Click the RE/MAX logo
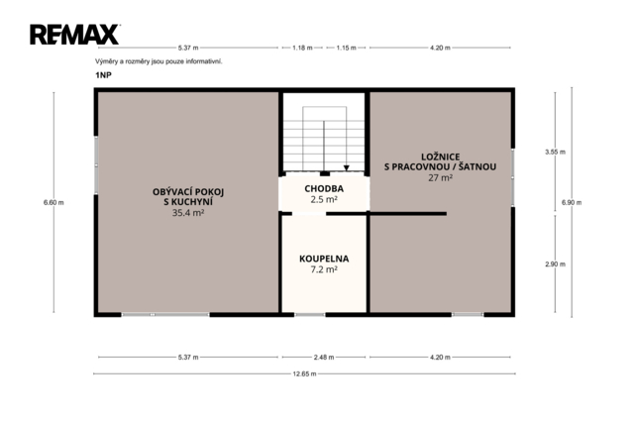pyautogui.click(x=75, y=35)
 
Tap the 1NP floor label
pyautogui.click(x=103, y=75)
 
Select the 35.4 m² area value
pyautogui.click(x=188, y=213)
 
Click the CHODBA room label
pyautogui.click(x=324, y=188)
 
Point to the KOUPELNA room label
pyautogui.click(x=324, y=259)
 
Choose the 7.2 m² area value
pyautogui.click(x=324, y=269)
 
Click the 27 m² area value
pyautogui.click(x=440, y=177)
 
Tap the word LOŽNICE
pyautogui.click(x=440, y=157)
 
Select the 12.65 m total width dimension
pyautogui.click(x=304, y=373)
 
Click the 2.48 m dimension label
pyautogui.click(x=324, y=358)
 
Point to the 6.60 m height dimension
pyautogui.click(x=53, y=202)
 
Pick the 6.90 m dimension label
pyautogui.click(x=572, y=202)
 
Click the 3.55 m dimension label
pyautogui.click(x=555, y=152)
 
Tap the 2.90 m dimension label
pyautogui.click(x=555, y=264)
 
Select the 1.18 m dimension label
pyautogui.click(x=302, y=48)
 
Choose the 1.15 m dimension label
pyautogui.click(x=346, y=48)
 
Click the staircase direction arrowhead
pyautogui.click(x=346, y=168)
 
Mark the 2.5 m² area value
pyautogui.click(x=324, y=199)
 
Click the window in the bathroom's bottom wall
pyautogui.click(x=310, y=315)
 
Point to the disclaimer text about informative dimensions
pyautogui.click(x=158, y=61)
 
